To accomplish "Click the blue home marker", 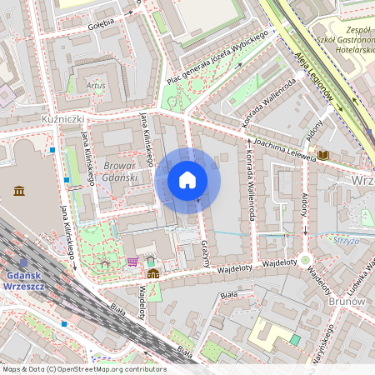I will coord(187,180).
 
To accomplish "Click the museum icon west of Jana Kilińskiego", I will coord(19,192).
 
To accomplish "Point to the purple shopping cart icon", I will coord(132,262).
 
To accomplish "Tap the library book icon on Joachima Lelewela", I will coord(323,155).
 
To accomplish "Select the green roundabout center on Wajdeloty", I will coord(306,259).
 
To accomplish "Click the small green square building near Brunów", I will coord(295,340).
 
